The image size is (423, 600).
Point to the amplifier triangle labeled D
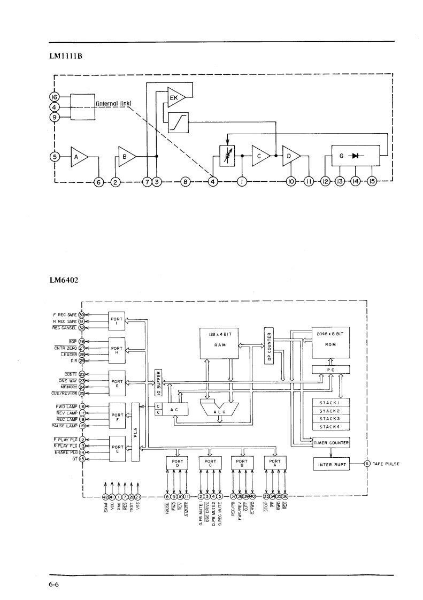291,156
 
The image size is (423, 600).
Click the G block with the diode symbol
356,156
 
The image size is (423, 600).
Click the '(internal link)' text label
113,103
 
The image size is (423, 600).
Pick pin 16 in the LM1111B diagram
53,97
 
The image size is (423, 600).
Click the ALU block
219,412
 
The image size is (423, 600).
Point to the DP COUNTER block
268,344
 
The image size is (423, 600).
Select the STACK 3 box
330,419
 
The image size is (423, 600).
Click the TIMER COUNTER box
332,443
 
